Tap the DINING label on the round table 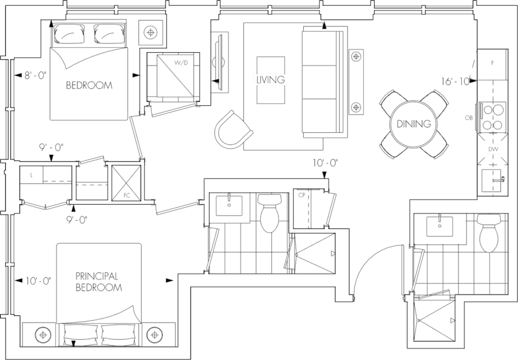point(413,124)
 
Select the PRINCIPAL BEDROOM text point(99,282)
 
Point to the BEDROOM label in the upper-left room point(89,86)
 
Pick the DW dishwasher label point(492,149)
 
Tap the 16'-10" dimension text point(456,82)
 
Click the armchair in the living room point(232,131)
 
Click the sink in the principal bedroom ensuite point(229,205)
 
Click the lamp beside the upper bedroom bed point(151,32)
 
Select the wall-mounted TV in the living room point(217,60)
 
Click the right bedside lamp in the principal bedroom point(154,333)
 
